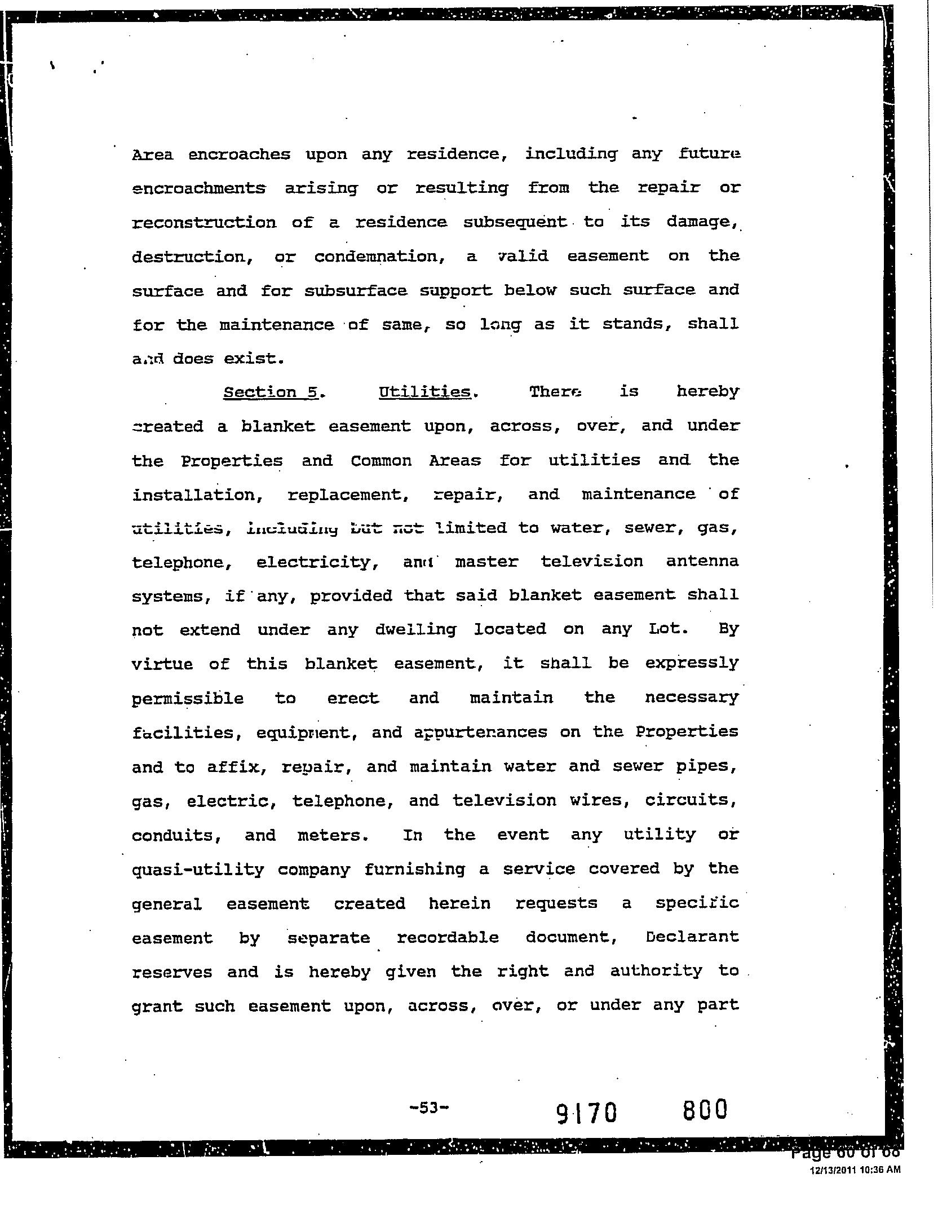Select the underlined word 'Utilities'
425,392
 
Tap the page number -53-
429,1107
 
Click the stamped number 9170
587,1113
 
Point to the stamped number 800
705,1110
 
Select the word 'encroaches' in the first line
239,155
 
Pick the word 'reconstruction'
204,223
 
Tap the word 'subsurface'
355,291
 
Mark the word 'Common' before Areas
381,461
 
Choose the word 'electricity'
316,563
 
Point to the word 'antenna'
702,562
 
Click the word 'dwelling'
415,629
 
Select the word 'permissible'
188,699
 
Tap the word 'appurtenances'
481,733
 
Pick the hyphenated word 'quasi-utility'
197,869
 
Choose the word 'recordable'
448,937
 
